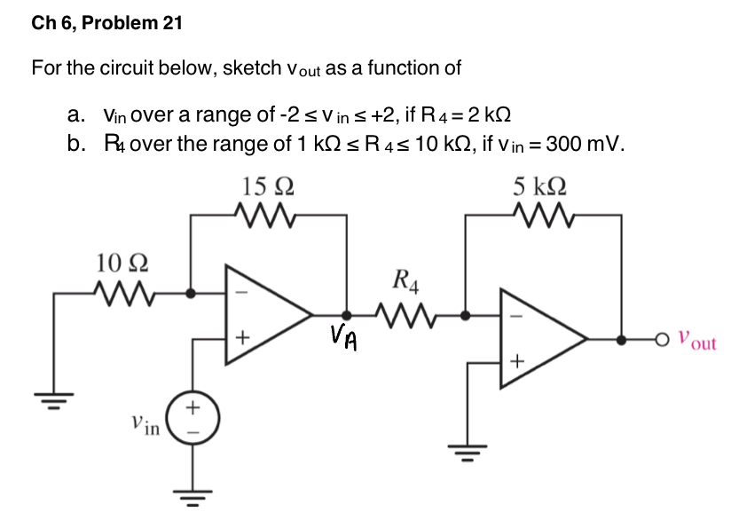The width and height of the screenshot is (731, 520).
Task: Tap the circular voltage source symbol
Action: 191,418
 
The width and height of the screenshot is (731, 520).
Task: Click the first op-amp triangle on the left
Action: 263,314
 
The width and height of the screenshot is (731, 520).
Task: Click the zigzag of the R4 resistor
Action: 405,312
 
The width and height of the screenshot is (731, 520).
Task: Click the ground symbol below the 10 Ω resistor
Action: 53,394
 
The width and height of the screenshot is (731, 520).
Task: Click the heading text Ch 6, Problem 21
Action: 106,24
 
